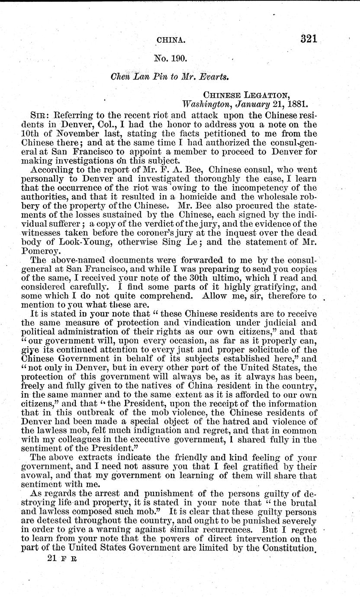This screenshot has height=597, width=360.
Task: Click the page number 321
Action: pyautogui.click(x=308, y=39)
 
